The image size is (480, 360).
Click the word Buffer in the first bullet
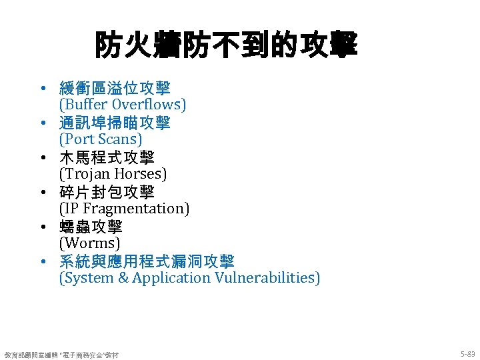pos(86,105)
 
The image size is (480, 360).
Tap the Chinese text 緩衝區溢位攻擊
pos(115,88)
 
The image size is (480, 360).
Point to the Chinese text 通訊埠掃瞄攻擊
pos(115,123)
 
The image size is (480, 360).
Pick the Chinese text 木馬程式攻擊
pos(107,157)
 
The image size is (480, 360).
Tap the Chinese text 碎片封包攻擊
pos(107,192)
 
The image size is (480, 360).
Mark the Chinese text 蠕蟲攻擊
pos(91,227)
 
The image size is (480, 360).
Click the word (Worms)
pos(90,243)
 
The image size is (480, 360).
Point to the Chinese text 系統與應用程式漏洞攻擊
pos(147,261)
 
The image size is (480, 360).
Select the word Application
pos(171,278)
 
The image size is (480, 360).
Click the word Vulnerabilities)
pos(267,278)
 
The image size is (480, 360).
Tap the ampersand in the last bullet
pos(123,278)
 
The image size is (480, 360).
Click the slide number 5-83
pos(467,353)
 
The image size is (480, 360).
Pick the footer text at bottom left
pos(61,354)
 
